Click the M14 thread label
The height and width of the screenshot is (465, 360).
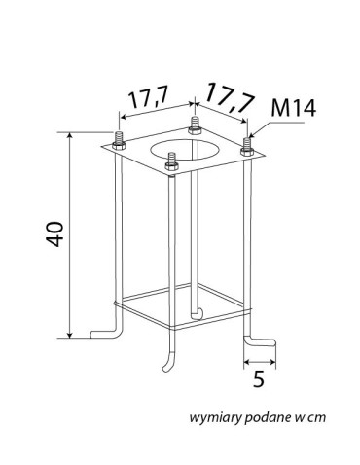click(x=293, y=108)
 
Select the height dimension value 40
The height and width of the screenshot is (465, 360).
click(x=54, y=234)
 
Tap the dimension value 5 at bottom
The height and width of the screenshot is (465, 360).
click(x=259, y=378)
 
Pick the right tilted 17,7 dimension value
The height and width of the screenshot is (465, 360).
click(x=229, y=97)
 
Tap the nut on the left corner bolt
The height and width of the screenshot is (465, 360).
click(x=119, y=146)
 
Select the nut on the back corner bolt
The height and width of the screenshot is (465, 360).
click(x=195, y=130)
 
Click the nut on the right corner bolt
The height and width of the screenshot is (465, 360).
click(x=247, y=151)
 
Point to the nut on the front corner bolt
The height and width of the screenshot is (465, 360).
click(x=171, y=166)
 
